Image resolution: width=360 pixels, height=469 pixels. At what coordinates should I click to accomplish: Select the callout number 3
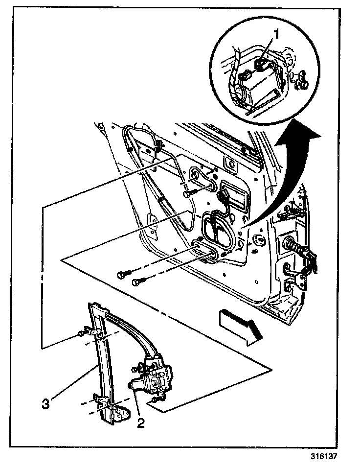45,404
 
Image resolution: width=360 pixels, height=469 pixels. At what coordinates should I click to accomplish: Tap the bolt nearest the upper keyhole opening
189,194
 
